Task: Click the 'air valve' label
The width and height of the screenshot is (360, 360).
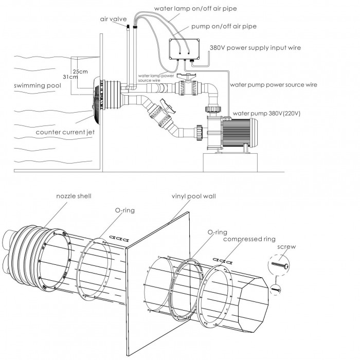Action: pyautogui.click(x=113, y=19)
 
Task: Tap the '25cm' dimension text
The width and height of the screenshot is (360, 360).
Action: pyautogui.click(x=80, y=71)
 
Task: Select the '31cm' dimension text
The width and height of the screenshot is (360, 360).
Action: pyautogui.click(x=70, y=77)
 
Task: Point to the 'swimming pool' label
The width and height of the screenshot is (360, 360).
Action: pyautogui.click(x=38, y=86)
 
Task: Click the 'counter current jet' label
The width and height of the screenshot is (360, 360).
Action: pyautogui.click(x=65, y=132)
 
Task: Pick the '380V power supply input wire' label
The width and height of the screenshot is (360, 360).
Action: pyautogui.click(x=255, y=48)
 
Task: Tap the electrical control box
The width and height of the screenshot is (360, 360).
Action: pyautogui.click(x=184, y=49)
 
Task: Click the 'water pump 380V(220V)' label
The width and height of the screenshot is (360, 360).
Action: pyautogui.click(x=266, y=114)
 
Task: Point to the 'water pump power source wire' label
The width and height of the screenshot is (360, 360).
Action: pyautogui.click(x=274, y=85)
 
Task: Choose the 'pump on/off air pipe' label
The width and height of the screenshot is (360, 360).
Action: pyautogui.click(x=224, y=26)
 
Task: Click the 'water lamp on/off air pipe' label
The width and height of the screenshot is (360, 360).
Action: pyautogui.click(x=195, y=9)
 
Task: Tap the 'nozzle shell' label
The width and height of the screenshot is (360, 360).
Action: pyautogui.click(x=74, y=196)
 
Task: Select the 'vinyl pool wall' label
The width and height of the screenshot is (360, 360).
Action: pyautogui.click(x=194, y=196)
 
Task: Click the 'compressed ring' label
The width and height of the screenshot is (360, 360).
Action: pyautogui.click(x=249, y=239)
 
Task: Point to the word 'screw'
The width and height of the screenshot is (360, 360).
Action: pyautogui.click(x=286, y=247)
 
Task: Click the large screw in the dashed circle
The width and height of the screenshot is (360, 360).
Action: pyautogui.click(x=280, y=265)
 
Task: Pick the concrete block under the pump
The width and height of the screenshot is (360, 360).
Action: pyautogui.click(x=230, y=163)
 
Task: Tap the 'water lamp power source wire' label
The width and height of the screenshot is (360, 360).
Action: pyautogui.click(x=156, y=78)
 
